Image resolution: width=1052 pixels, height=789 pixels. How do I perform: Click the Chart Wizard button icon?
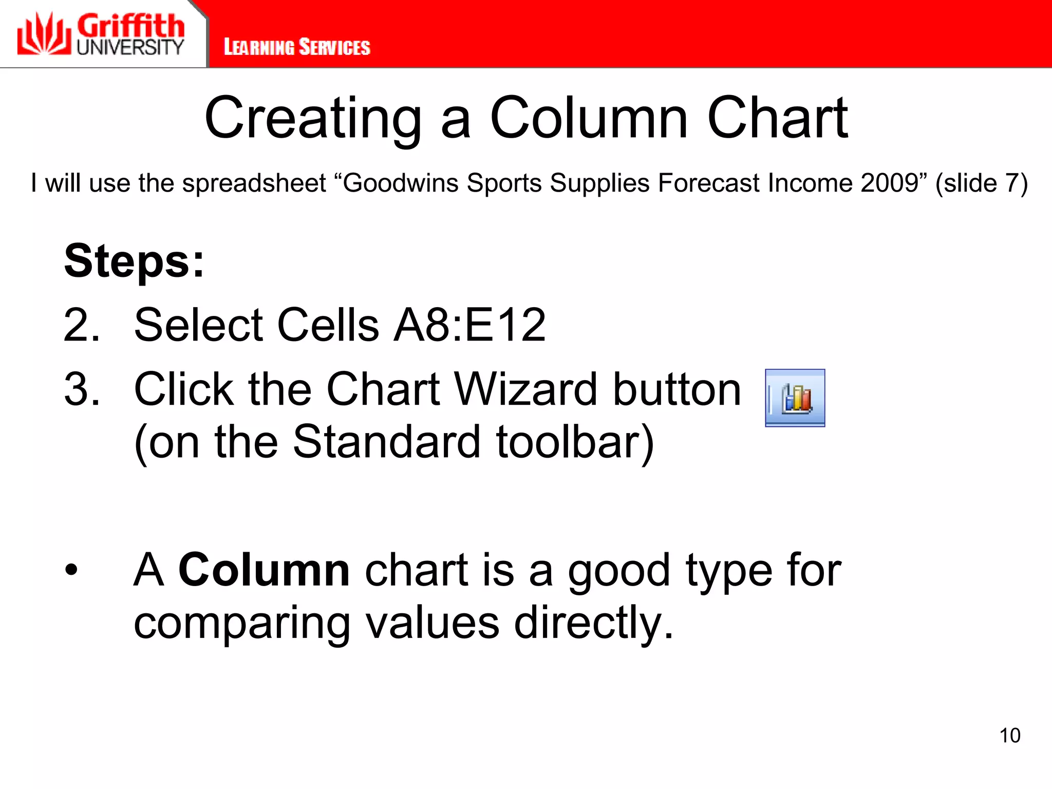coord(795,398)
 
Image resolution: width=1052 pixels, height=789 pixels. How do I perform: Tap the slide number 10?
coord(1009,736)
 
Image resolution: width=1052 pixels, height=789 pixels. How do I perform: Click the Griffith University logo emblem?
coord(44,34)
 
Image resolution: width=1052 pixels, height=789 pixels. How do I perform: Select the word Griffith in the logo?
coord(131,26)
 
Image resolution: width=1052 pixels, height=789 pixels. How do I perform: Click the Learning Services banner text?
coord(297,47)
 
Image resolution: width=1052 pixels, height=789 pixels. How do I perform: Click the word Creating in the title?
coord(313,119)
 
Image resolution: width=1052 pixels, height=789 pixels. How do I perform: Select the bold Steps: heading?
coord(135,261)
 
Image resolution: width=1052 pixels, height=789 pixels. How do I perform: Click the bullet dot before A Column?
coord(71,570)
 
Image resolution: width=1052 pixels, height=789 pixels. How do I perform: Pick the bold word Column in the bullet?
coord(264,570)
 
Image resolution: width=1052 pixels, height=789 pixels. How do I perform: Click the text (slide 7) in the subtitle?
coord(981,183)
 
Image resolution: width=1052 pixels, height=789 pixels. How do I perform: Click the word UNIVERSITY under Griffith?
coord(130,47)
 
